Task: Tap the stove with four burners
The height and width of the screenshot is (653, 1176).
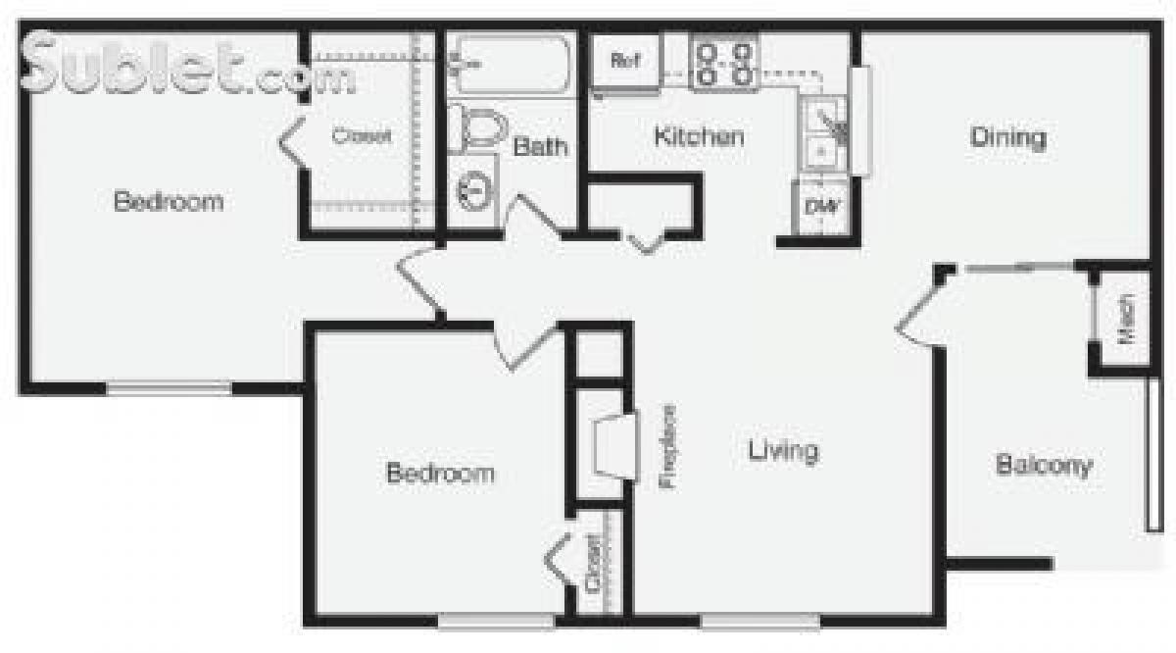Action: pos(724,62)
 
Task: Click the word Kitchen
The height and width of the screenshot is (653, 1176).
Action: pos(698,136)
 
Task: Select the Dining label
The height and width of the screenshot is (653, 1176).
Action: pos(1007,137)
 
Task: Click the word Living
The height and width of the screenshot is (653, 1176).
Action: pos(782,451)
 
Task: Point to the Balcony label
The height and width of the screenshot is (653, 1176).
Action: pos(1043,464)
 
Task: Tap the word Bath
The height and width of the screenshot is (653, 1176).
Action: pos(540,147)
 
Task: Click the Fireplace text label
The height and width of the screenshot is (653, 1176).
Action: pos(669,447)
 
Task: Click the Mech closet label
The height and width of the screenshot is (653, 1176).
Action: pos(1126,320)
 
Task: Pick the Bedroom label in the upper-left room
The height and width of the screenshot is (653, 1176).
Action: pos(168,202)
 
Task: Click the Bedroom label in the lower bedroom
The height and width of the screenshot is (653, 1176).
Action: pos(440,474)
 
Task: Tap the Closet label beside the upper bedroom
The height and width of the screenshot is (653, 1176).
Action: pos(361,136)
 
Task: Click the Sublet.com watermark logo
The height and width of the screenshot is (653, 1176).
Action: pos(186,65)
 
